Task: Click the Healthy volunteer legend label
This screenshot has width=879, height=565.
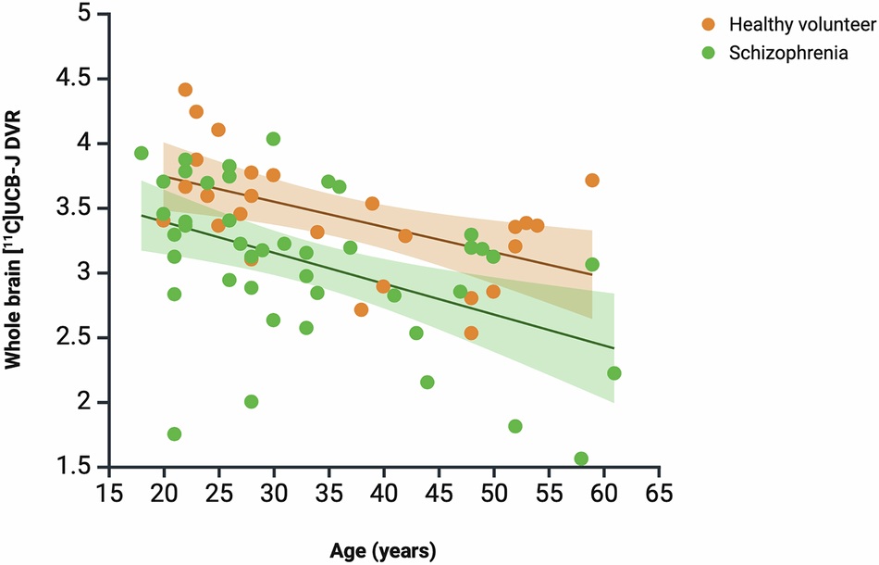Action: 789,23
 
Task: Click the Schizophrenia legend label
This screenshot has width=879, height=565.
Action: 788,53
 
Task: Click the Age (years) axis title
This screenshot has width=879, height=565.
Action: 382,550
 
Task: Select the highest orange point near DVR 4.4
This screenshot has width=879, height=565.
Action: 185,90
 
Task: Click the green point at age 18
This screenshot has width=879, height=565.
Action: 142,153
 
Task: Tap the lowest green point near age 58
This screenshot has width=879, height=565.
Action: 581,458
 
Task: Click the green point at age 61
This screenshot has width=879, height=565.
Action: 614,373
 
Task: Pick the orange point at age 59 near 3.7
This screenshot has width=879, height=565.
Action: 592,181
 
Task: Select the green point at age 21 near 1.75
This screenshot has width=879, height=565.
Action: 174,434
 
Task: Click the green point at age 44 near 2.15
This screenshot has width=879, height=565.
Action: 427,383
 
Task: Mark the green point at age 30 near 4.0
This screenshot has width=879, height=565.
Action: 273,139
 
